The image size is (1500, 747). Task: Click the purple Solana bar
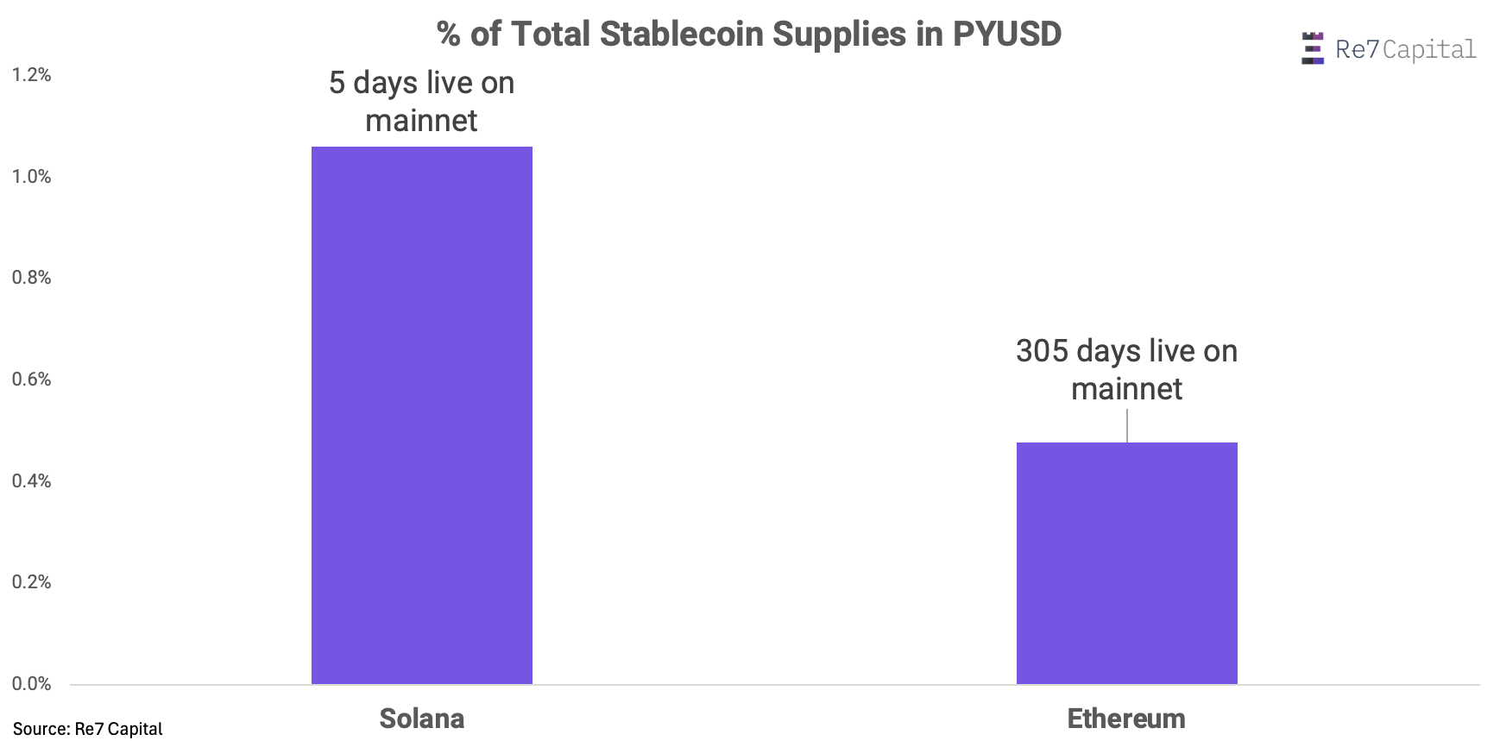tap(421, 415)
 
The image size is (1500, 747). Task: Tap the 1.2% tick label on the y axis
tap(31, 75)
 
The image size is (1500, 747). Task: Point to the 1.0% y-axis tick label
tap(31, 177)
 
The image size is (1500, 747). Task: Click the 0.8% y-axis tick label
tap(31, 278)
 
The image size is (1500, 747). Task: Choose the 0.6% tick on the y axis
tap(31, 380)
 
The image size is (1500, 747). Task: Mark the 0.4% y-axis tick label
tap(31, 481)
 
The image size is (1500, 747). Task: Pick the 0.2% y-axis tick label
tap(31, 582)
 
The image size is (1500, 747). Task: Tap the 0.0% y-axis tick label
tap(31, 684)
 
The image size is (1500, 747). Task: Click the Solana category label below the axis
tap(421, 719)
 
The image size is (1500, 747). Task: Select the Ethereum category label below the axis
tap(1126, 719)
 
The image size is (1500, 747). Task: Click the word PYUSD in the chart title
tap(1006, 35)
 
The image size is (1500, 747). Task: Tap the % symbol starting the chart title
tap(449, 35)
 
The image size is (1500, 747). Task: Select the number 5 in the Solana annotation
tap(337, 83)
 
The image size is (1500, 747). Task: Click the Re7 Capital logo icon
tap(1312, 48)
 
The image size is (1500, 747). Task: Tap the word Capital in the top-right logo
tap(1429, 50)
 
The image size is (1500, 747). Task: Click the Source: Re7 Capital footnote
tap(87, 729)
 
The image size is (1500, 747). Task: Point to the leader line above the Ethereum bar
tap(1127, 426)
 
